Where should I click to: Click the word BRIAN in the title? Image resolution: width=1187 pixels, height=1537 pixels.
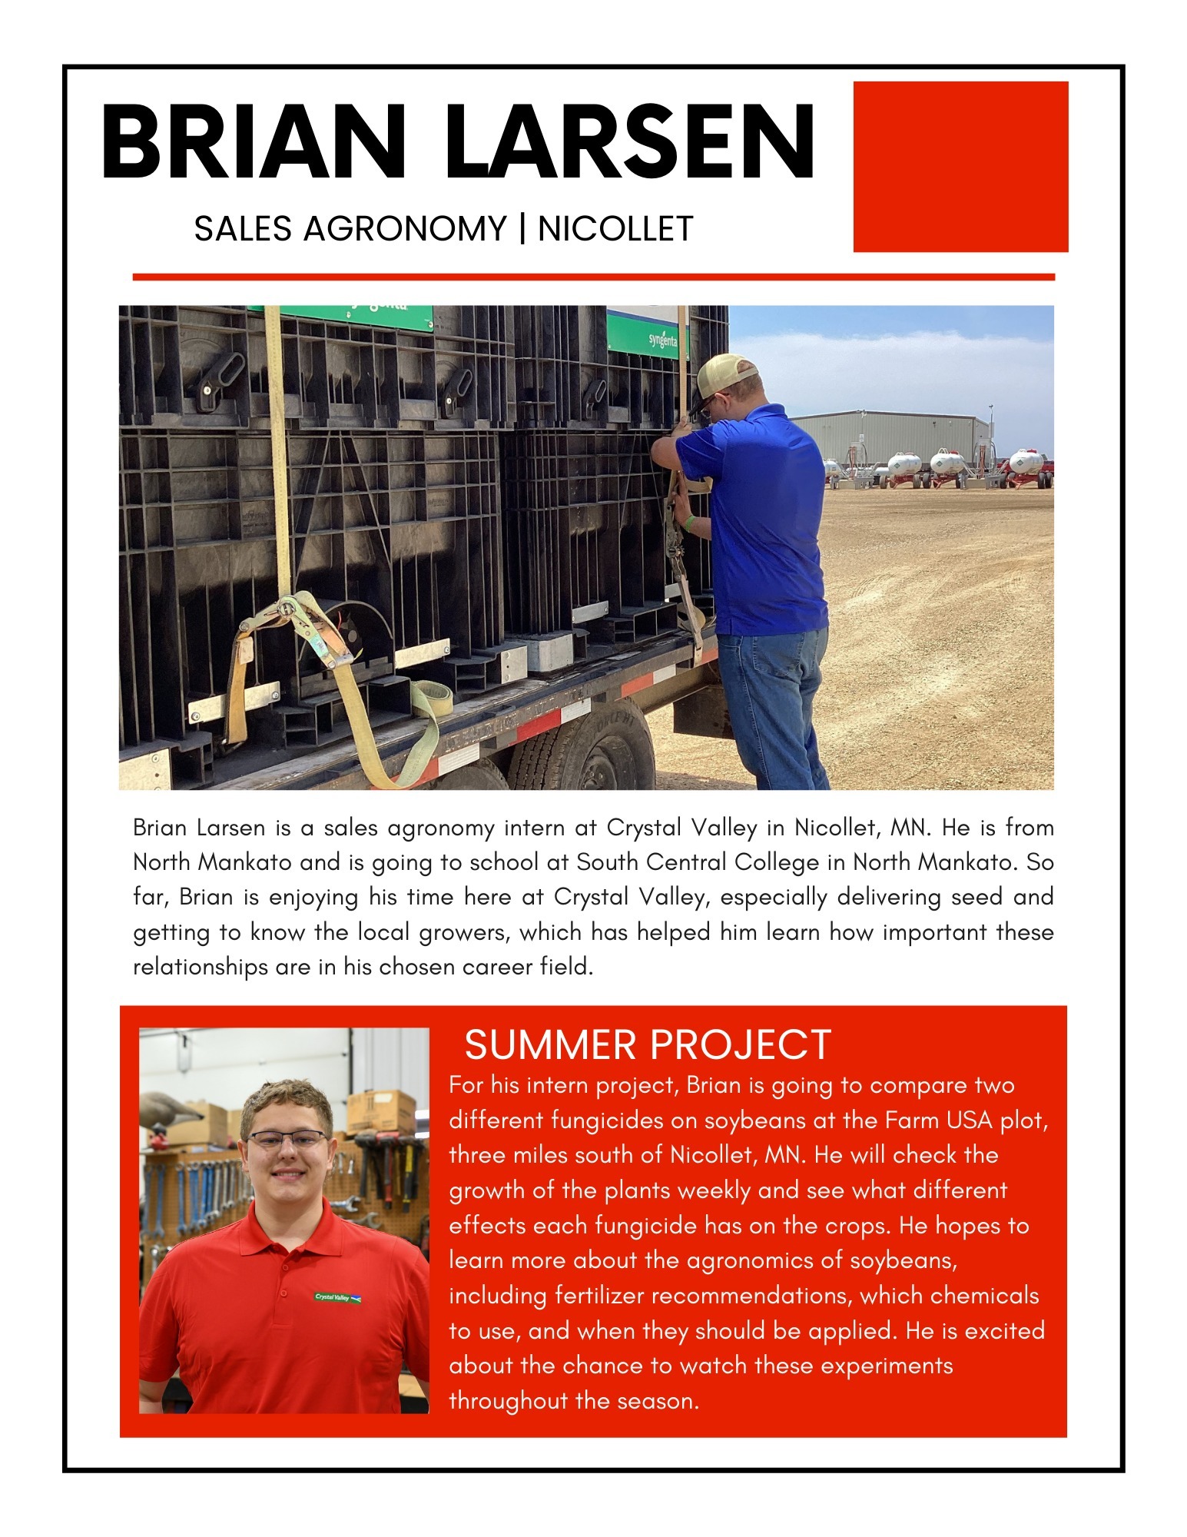pos(254,142)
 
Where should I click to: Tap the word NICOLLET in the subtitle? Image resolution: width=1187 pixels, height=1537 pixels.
pos(615,229)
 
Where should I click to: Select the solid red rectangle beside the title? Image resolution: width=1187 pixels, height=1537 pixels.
pos(960,166)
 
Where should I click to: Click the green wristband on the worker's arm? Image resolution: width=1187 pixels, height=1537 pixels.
pos(691,524)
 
